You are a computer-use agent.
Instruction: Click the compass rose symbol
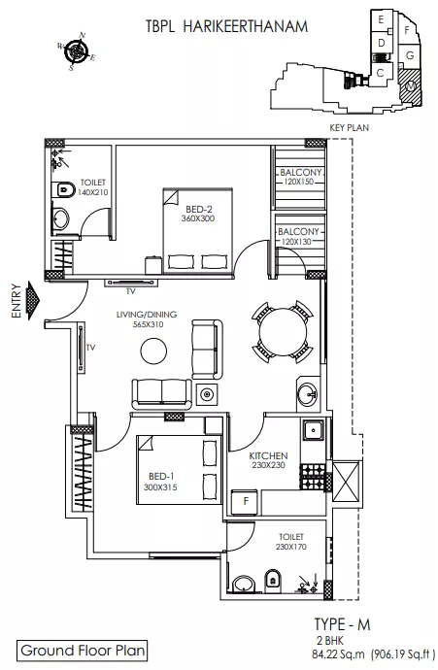[77, 50]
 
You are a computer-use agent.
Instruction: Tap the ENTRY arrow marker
[33, 300]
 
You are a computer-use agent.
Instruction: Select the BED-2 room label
[199, 210]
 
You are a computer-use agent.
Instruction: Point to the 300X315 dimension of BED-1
[160, 487]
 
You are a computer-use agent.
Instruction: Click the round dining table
[283, 332]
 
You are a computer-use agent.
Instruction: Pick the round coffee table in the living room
[153, 351]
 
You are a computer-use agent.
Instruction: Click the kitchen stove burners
[314, 477]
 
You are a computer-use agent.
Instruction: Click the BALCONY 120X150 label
[301, 177]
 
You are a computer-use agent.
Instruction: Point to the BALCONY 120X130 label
[299, 236]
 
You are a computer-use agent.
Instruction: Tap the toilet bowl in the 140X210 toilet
[62, 189]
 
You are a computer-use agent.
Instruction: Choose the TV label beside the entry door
[91, 348]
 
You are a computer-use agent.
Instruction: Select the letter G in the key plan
[410, 55]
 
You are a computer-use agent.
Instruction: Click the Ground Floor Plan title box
[82, 651]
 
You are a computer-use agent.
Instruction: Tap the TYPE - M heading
[342, 624]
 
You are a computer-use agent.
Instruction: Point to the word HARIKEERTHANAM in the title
[246, 26]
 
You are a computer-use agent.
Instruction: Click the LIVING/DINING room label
[147, 315]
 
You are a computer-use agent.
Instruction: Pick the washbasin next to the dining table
[307, 393]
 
